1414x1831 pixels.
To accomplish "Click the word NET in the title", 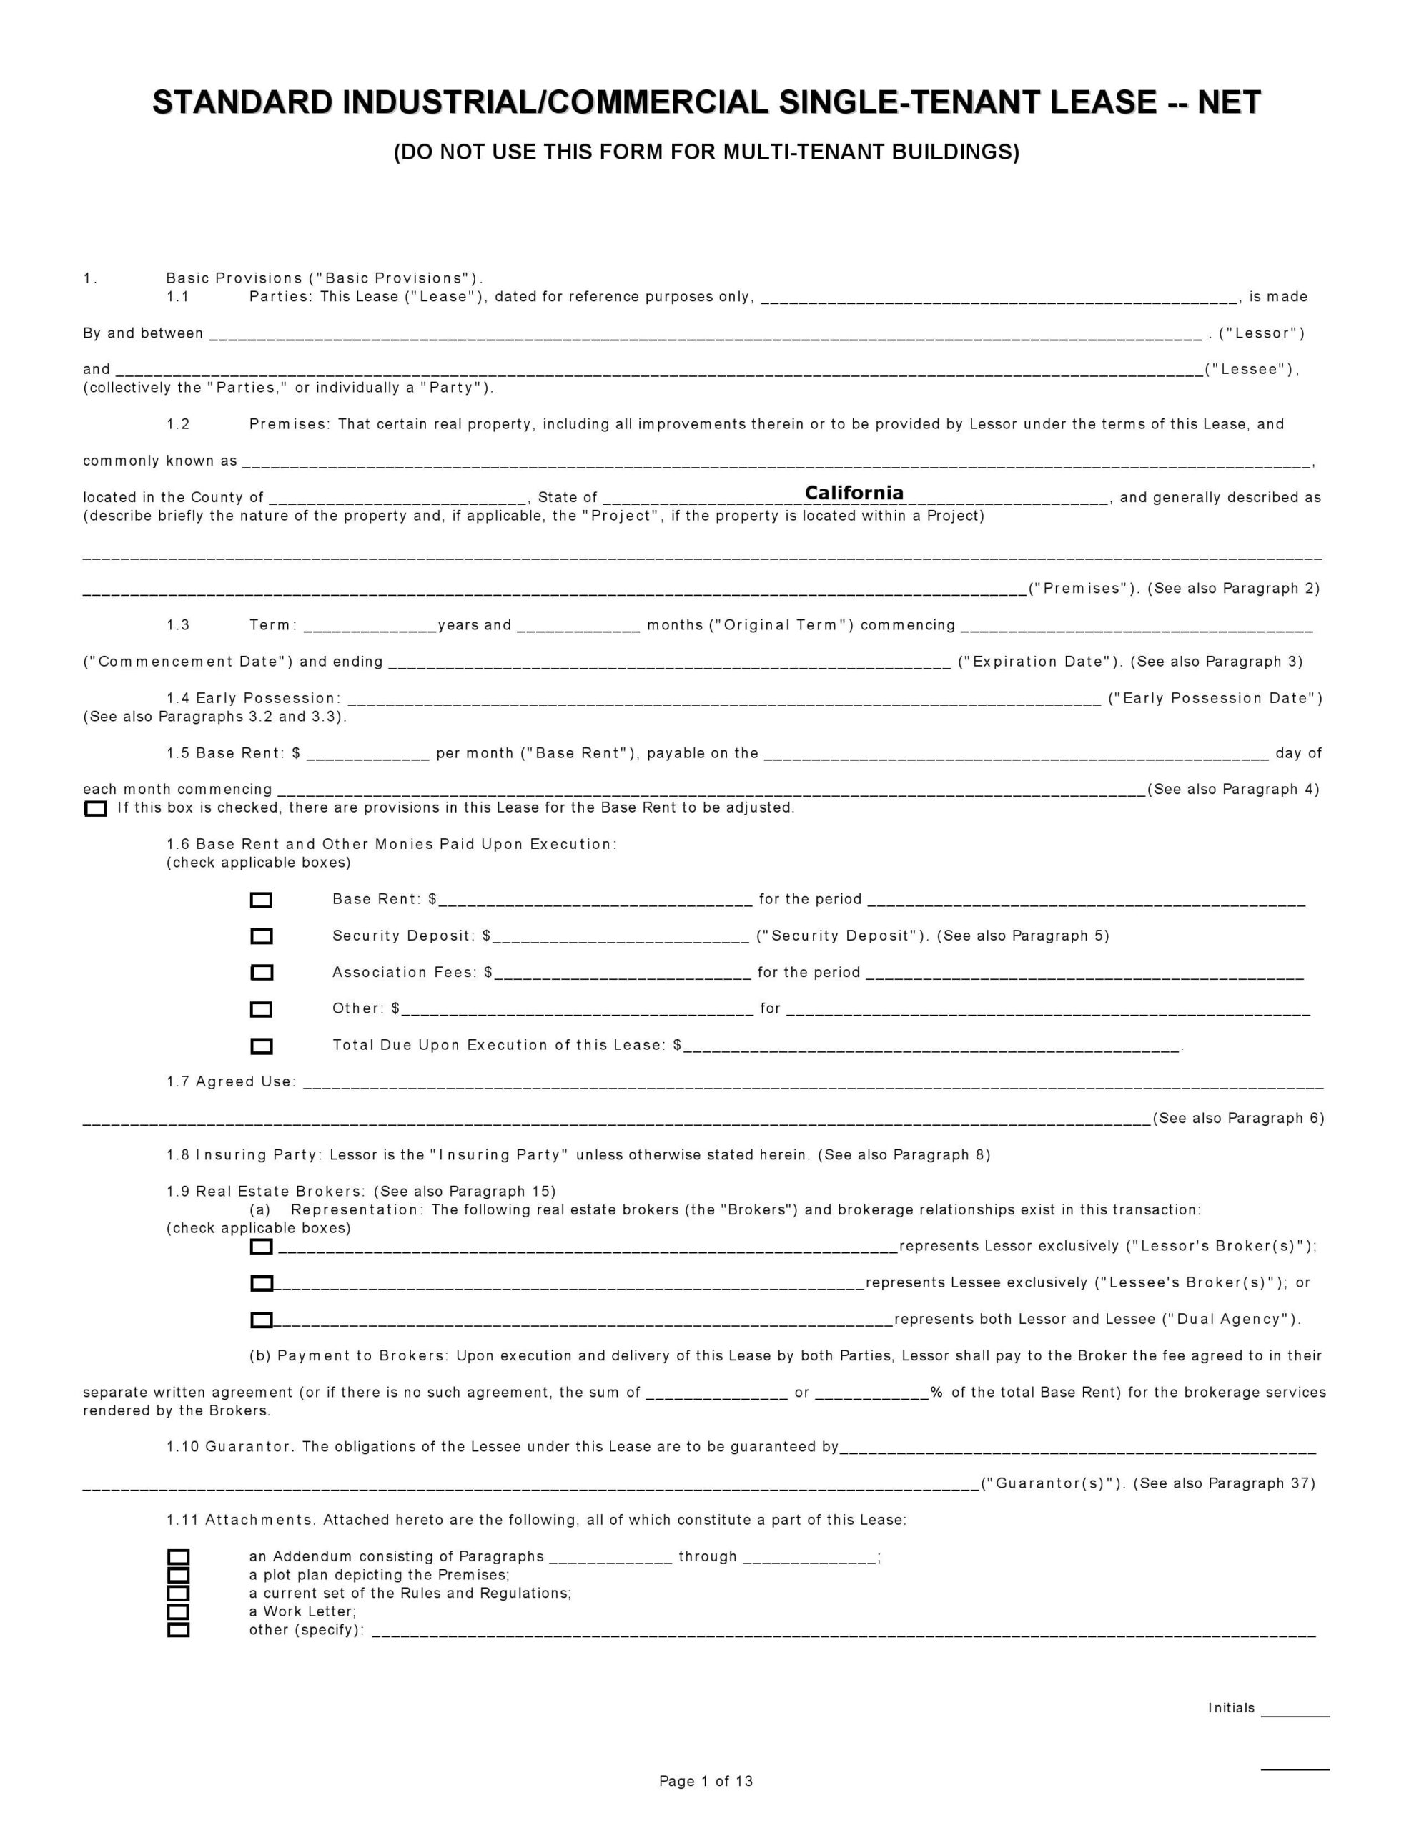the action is pos(1229,103).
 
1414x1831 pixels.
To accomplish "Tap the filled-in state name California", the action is pos(854,493).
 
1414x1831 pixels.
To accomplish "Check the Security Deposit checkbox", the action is pos(262,936).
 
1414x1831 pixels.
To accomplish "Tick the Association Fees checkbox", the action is pos(262,973).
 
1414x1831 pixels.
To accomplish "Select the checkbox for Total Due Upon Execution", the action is pos(262,1046).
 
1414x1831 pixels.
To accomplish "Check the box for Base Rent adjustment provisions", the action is pos(96,809).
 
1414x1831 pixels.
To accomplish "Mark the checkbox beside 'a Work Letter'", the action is pos(179,1612).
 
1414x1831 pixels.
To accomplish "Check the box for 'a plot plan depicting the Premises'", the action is pos(179,1575).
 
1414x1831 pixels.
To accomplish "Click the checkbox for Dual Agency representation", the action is pos(262,1320).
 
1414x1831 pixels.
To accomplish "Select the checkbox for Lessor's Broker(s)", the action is pos(262,1247).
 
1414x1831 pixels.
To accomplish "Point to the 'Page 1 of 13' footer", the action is pos(706,1782).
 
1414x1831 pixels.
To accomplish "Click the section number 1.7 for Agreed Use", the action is pos(178,1082).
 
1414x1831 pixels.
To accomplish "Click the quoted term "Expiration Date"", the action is pos(1040,662).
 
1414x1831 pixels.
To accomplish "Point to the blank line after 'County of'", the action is pos(398,498).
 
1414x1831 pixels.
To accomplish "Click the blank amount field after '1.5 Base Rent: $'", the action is pos(368,754).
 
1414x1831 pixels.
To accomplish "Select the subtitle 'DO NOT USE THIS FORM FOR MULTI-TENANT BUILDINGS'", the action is pos(706,152).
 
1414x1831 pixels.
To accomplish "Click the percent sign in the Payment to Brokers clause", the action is pos(936,1393).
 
